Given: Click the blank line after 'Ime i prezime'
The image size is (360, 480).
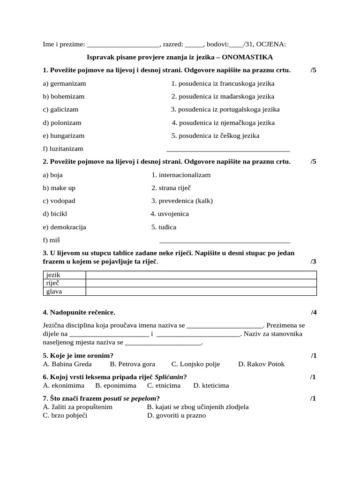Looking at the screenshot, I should point(124,45).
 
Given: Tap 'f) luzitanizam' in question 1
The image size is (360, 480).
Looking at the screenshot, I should point(63,149).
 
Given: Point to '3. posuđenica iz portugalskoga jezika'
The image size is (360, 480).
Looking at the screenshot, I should point(225,109).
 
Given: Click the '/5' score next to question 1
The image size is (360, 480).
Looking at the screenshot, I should point(313,70).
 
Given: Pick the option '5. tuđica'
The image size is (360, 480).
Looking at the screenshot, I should point(164,227).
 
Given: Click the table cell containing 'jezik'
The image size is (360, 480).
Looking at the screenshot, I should point(64,275).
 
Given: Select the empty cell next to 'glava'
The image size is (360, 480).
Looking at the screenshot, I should point(201,292).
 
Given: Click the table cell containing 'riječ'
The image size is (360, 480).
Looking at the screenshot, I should point(64,283).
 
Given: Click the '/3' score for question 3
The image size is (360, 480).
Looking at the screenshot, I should point(313,261).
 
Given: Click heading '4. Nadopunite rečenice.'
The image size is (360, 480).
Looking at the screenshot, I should point(79,312).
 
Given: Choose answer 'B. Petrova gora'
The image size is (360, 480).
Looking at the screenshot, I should point(132,364).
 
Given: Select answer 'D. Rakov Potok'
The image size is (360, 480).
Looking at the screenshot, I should point(261,364).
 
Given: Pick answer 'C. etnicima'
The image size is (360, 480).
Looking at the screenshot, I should point(164,385).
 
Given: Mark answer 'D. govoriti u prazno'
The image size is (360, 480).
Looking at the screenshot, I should point(176,415).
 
